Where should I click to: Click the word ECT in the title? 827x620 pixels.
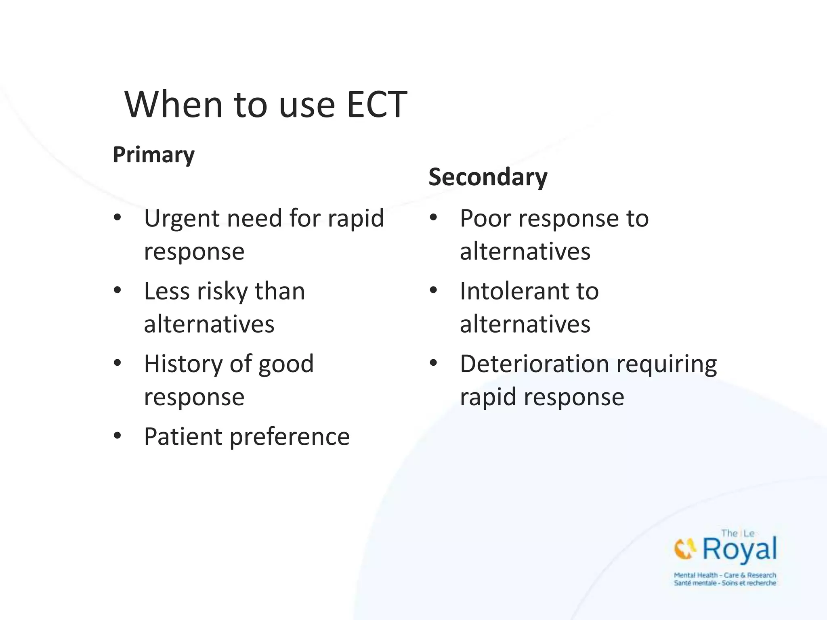click(x=377, y=105)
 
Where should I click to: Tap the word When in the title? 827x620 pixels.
click(x=174, y=105)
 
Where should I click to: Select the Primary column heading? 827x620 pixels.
click(x=153, y=155)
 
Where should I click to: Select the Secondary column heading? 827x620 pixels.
click(x=488, y=177)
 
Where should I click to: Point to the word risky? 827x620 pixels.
click(x=222, y=291)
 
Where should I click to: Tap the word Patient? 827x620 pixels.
click(x=183, y=437)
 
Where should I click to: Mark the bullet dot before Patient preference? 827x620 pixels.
click(x=118, y=436)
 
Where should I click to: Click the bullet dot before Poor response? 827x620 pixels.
click(x=433, y=218)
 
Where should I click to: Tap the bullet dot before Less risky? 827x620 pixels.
click(x=118, y=290)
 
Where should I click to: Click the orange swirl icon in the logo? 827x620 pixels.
click(x=685, y=549)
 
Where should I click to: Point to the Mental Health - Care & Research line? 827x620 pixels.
click(x=725, y=575)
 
